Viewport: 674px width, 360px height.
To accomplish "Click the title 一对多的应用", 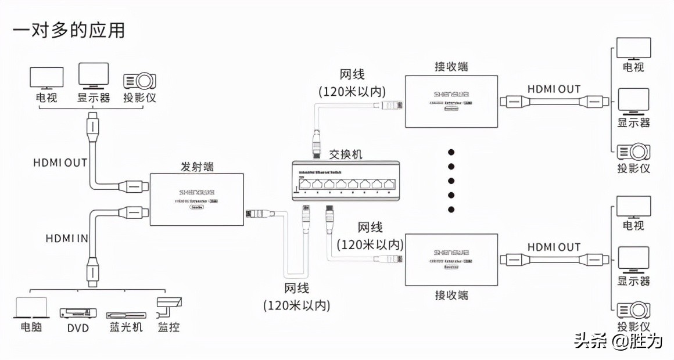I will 69,30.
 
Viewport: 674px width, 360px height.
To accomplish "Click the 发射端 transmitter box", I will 196,199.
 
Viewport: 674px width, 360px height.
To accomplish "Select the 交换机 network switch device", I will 346,182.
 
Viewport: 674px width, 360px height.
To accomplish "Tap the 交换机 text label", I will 345,154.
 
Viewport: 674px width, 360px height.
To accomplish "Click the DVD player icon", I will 77,312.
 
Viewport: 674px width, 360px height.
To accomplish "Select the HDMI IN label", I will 67,238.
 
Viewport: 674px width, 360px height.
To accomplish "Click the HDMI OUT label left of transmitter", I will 60,163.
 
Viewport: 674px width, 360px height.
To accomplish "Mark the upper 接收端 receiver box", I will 451,101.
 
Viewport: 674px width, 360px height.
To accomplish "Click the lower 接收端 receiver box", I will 451,260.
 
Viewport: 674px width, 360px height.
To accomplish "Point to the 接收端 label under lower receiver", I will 451,295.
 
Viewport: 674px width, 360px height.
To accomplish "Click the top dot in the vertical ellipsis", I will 451,152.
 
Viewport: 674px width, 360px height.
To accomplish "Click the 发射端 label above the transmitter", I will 196,167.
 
